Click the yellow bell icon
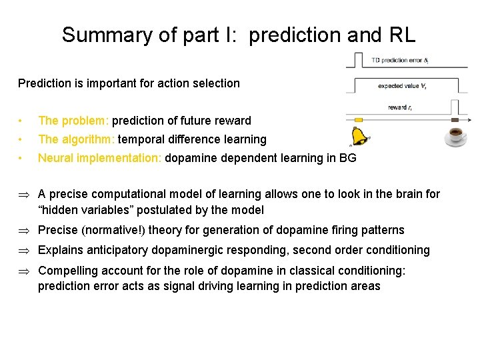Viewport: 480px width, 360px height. pyautogui.click(x=359, y=136)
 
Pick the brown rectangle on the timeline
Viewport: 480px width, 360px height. pyautogui.click(x=455, y=120)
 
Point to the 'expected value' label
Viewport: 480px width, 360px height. pyautogui.click(x=399, y=85)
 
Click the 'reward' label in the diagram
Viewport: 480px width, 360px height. pyautogui.click(x=399, y=107)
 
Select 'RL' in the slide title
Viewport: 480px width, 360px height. pyautogui.click(x=399, y=35)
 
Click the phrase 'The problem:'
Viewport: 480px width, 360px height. pyautogui.click(x=74, y=121)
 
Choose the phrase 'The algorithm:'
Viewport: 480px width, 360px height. pyautogui.click(x=77, y=139)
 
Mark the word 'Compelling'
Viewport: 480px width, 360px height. pyautogui.click(x=67, y=271)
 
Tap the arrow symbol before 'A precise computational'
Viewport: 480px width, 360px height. pyautogui.click(x=23, y=195)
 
